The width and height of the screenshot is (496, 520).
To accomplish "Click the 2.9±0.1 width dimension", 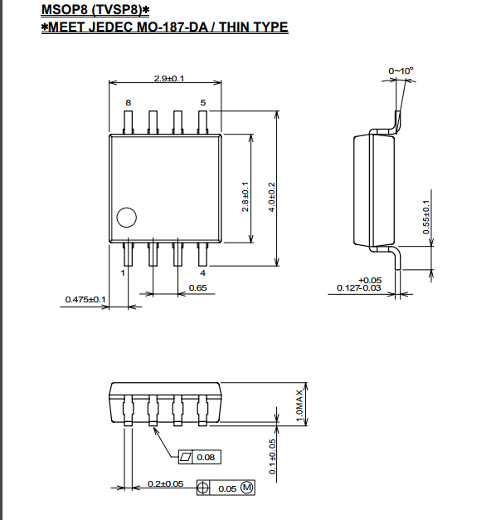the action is click(169, 79).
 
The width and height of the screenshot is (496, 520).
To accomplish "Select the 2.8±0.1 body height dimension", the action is click(245, 196).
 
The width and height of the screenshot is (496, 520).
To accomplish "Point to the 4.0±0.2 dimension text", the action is click(272, 197).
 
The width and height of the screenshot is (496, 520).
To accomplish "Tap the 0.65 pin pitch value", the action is click(197, 288).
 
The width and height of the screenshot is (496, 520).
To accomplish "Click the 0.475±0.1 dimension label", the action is click(85, 300).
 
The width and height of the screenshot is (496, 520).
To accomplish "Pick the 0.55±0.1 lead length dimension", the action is click(426, 217).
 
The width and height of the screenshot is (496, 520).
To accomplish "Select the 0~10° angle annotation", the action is click(401, 71).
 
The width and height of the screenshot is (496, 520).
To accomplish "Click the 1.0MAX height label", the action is click(299, 405).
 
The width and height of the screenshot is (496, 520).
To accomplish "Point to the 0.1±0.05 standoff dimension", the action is click(272, 457).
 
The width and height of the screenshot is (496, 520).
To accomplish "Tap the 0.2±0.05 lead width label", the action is click(165, 483).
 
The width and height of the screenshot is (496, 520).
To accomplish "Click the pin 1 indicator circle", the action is click(126, 218).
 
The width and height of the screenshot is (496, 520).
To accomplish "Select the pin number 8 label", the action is click(128, 103).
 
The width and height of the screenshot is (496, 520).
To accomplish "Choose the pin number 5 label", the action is click(203, 103).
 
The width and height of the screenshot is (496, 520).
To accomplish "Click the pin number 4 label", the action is click(203, 273).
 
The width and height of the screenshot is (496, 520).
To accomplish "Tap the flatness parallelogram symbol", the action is click(186, 458).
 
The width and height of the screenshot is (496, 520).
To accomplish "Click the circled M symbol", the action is click(247, 488).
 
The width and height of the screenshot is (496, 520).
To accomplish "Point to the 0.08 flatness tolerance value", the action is click(206, 458).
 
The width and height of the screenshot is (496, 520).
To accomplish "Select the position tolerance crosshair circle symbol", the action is click(203, 488).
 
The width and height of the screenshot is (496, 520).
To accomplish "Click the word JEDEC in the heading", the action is click(110, 27).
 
